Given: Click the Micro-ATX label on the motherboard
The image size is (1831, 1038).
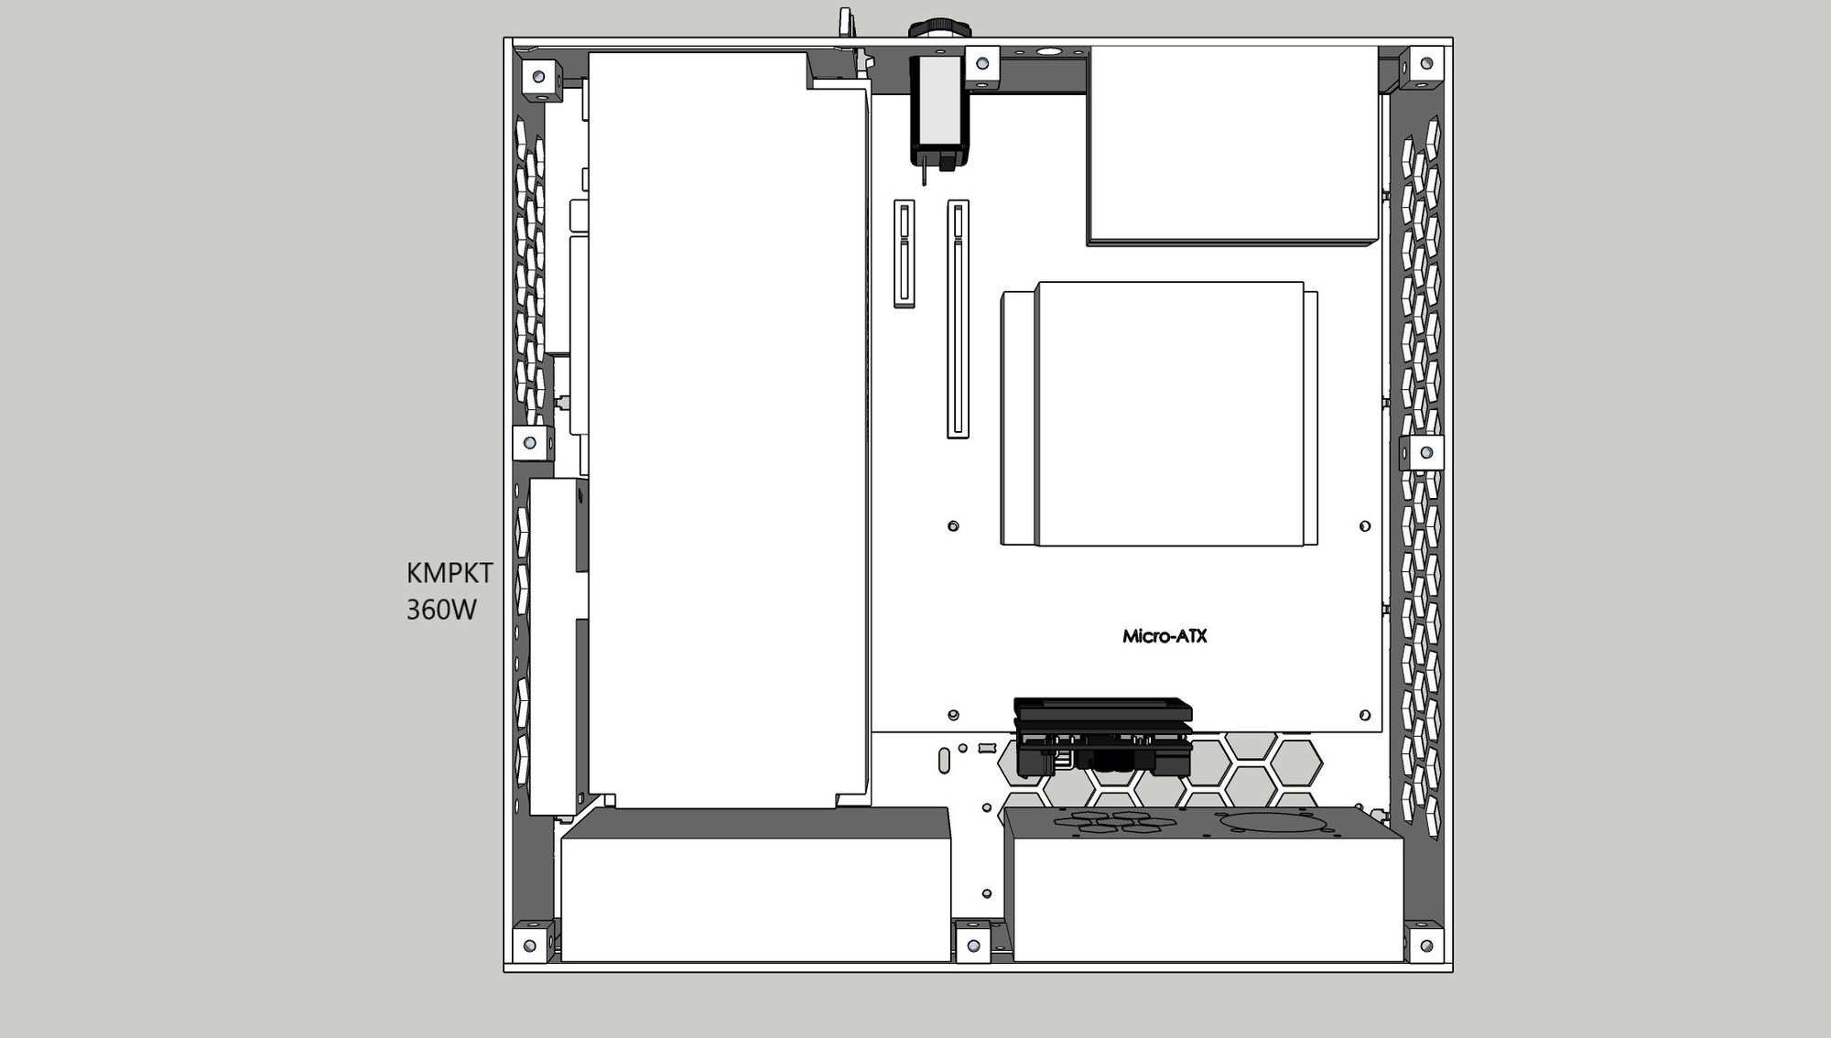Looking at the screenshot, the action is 1165,636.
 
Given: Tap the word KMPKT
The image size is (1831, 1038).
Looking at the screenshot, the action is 450,573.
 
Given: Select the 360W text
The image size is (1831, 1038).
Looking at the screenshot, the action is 441,610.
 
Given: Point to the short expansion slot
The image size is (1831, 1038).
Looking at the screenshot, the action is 904,254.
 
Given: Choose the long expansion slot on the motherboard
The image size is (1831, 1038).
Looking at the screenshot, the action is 958,319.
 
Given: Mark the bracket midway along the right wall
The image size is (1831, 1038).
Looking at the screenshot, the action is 1425,452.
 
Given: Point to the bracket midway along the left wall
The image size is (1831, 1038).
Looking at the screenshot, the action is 530,443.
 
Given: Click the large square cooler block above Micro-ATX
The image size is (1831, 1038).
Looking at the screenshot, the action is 1159,414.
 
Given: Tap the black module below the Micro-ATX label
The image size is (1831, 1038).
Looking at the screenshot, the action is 1103,738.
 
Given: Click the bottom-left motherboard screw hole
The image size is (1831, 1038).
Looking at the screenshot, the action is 953,715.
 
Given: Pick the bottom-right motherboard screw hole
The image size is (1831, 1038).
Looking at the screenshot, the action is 1365,715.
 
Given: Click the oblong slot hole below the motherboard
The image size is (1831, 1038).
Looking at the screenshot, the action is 944,761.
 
